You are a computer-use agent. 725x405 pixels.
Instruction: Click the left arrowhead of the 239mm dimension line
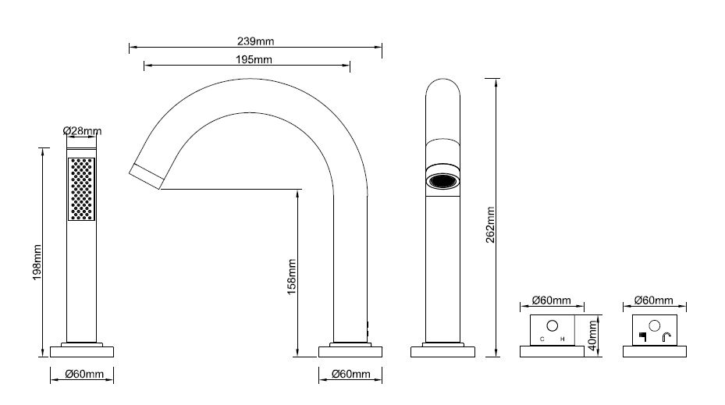130,47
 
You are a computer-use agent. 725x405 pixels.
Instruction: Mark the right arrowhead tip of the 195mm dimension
350,66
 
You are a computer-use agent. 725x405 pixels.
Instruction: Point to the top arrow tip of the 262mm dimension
496,79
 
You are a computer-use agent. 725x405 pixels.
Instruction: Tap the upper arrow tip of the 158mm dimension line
298,190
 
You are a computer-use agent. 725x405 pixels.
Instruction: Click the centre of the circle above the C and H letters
552,326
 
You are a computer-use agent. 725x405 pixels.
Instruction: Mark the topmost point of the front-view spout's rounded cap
442,79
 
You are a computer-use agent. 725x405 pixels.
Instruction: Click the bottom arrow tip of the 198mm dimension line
43,357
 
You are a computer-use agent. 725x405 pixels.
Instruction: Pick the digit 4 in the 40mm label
593,346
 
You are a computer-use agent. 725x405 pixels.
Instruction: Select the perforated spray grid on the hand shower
81,189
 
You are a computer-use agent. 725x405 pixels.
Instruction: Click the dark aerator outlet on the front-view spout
442,181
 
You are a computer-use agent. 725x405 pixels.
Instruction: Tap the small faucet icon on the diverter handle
666,337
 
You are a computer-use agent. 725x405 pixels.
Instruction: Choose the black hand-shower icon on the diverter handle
642,336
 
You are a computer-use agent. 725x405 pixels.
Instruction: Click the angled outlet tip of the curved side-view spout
147,176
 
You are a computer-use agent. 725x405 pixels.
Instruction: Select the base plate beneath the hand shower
82,352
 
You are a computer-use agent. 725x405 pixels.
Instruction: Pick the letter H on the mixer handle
563,339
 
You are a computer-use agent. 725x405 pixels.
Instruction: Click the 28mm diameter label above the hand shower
82,131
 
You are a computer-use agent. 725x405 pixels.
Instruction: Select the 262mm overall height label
490,225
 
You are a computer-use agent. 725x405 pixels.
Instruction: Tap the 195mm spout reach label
254,59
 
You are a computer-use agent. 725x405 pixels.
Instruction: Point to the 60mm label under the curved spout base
351,374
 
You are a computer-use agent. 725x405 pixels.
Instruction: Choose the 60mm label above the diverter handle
654,300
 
